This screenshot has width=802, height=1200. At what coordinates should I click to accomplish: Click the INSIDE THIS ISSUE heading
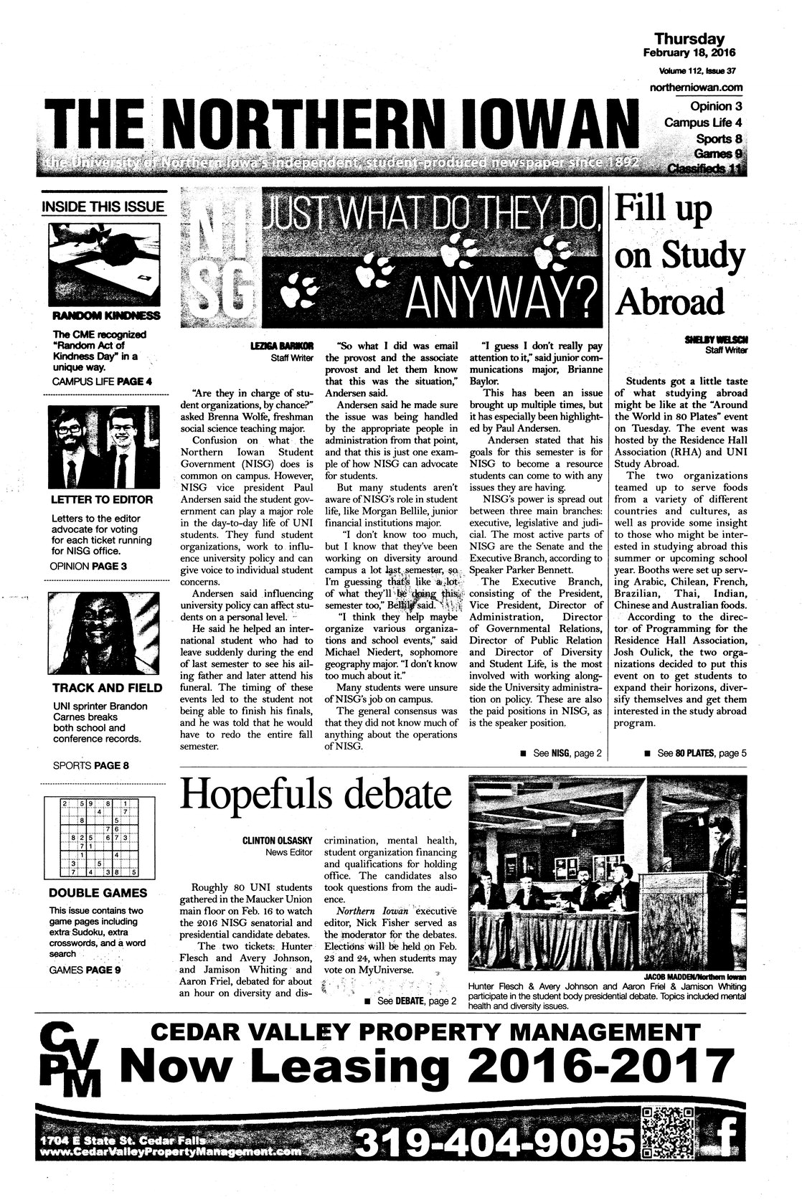coord(103,207)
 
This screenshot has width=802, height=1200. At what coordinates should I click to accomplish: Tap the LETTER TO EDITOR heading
coord(102,499)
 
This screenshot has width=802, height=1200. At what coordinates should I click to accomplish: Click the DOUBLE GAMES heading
coord(98,893)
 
